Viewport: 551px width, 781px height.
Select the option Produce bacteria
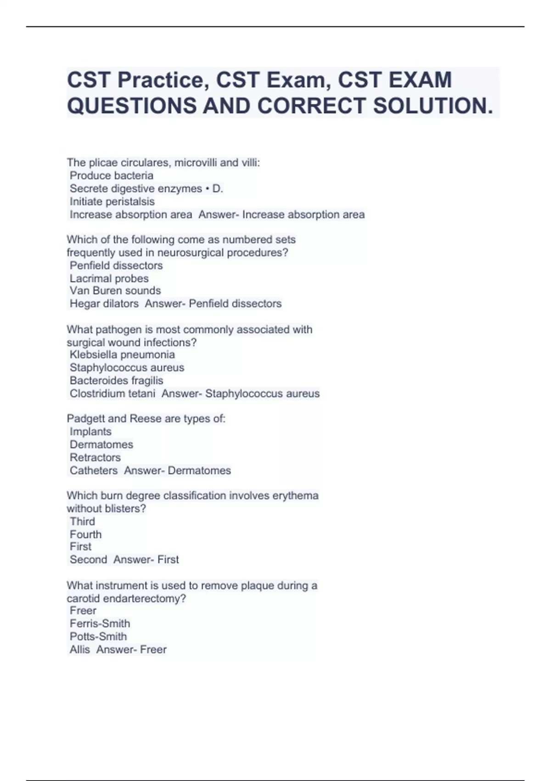[x=112, y=175]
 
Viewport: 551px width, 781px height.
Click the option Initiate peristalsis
[x=112, y=202]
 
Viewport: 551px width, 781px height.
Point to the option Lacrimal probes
[x=109, y=278]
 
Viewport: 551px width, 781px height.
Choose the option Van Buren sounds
[x=115, y=291]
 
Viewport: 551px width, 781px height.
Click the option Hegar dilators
[x=104, y=304]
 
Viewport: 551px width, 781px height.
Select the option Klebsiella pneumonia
[x=122, y=355]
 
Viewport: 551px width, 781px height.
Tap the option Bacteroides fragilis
[x=117, y=380]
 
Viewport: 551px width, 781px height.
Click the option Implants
[x=90, y=432]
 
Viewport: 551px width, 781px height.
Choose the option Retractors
[x=95, y=458]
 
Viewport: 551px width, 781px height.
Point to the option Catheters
[x=94, y=470]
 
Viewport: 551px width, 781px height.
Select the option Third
[x=83, y=521]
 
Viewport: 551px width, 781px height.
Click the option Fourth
[x=86, y=534]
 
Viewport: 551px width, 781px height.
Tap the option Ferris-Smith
[x=100, y=623]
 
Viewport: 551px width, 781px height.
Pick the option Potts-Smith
[x=98, y=636]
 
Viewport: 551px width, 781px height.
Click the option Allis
[x=80, y=650]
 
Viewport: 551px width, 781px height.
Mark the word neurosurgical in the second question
[x=189, y=253]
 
